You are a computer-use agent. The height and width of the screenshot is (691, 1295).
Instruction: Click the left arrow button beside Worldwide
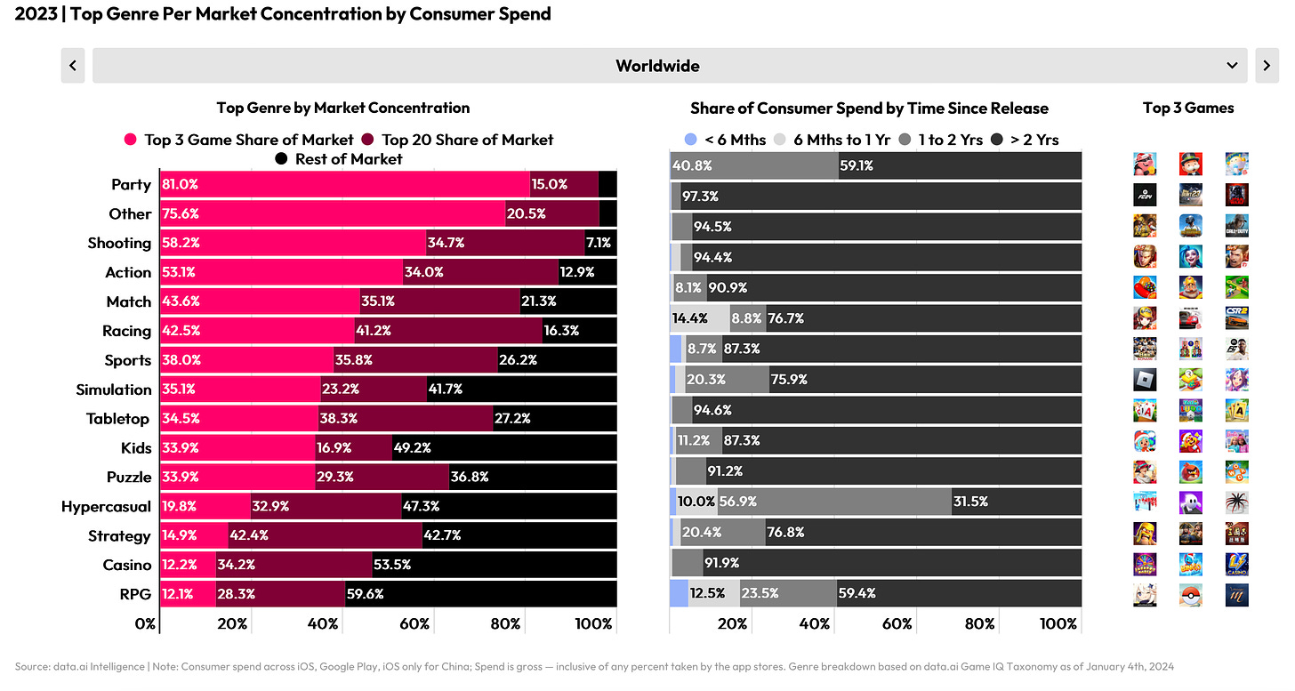72,66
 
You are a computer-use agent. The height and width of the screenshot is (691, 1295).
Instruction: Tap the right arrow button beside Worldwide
1267,66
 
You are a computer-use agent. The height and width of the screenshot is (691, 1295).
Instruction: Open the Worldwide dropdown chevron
1232,66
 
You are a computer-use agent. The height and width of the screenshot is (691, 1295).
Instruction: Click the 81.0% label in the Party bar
181,185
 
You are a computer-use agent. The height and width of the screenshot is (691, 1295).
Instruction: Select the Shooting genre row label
119,243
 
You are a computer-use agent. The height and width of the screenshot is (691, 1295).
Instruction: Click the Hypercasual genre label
106,507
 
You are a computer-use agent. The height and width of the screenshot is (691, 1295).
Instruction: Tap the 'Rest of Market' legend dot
282,159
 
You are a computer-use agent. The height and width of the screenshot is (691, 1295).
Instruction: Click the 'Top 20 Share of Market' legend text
468,140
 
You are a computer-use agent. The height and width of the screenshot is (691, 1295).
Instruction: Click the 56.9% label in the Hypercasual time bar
737,502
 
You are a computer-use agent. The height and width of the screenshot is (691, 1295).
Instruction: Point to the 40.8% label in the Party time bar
691,165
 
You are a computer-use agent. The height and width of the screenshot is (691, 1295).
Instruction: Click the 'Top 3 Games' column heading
1188,108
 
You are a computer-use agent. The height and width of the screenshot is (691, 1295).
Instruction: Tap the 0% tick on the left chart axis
146,624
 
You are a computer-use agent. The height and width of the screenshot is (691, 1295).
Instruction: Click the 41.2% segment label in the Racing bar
373,331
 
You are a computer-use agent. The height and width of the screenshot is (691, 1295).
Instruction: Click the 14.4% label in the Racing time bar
689,317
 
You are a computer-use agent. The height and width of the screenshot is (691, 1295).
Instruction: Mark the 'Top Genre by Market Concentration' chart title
343,108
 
